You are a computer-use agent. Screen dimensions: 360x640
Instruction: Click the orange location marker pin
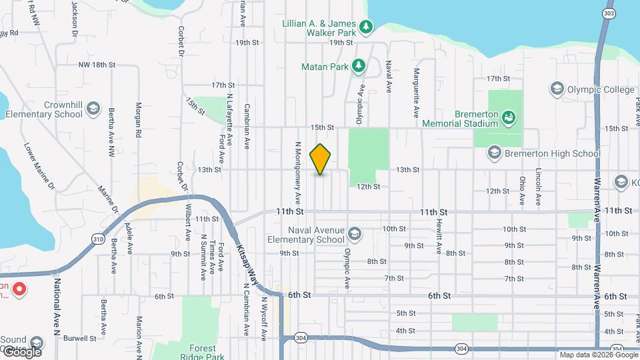pos(321,159)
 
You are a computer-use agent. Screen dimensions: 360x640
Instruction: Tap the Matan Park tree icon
pos(359,65)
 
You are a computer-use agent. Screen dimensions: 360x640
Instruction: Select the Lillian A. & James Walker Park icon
pos(365,27)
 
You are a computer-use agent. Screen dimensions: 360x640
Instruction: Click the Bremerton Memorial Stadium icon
pos(509,118)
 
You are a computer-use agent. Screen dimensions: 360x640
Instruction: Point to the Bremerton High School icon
pos(494,153)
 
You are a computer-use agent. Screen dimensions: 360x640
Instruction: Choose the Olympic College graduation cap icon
pos(557,89)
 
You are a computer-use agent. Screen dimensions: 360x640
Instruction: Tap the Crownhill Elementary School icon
pos(95,109)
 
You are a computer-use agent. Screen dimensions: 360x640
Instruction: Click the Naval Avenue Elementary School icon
pos(355,234)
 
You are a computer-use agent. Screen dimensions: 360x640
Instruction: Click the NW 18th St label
pos(97,65)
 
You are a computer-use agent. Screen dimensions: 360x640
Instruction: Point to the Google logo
pos(21,351)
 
